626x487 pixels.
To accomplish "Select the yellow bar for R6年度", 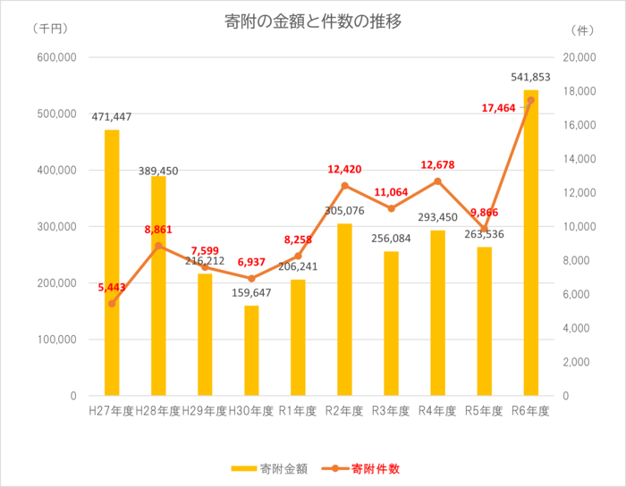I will [530, 241].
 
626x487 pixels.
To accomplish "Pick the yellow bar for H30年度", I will [251, 350].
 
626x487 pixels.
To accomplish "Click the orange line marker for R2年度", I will [344, 186].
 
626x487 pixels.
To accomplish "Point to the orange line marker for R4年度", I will [437, 181].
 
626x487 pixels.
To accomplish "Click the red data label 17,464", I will [499, 108].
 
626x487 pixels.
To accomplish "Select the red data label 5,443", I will [113, 288].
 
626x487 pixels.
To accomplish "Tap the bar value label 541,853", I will [530, 78].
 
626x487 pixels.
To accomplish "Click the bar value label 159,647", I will [251, 292].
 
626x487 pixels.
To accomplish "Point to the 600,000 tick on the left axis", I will [56, 57].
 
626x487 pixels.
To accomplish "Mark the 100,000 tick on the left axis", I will [56, 340].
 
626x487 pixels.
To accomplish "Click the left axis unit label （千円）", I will [49, 29].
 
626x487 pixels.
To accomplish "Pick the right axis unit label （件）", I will [584, 29].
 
